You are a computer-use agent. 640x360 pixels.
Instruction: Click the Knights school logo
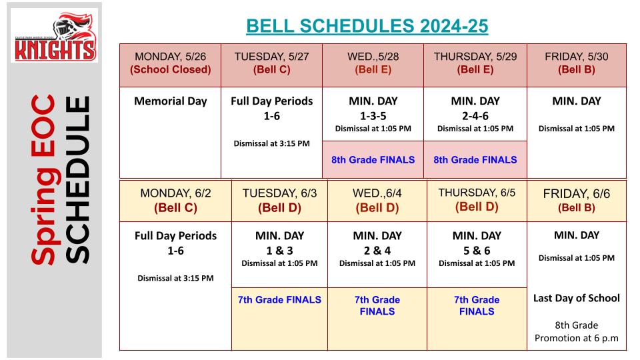pyautogui.click(x=54, y=35)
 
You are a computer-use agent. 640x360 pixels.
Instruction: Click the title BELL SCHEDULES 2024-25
pyautogui.click(x=367, y=26)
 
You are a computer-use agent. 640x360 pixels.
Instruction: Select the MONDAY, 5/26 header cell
pyautogui.click(x=170, y=65)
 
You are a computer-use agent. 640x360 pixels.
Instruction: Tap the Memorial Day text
pyautogui.click(x=171, y=101)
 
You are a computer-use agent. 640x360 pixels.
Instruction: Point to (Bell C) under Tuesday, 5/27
pyautogui.click(x=271, y=69)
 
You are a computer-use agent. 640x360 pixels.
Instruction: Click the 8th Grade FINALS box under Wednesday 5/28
pyautogui.click(x=373, y=159)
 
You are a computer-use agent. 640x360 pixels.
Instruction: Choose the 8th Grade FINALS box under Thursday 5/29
pyautogui.click(x=475, y=159)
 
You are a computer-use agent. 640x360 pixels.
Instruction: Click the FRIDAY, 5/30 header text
pyautogui.click(x=576, y=56)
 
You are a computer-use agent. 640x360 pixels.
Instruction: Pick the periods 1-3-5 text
pyautogui.click(x=373, y=116)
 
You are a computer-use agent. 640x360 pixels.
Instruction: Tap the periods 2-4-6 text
pyautogui.click(x=475, y=116)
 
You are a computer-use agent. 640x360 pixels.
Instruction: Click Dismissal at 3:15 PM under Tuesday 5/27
pyautogui.click(x=271, y=143)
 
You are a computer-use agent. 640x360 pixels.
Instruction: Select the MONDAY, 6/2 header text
pyautogui.click(x=175, y=193)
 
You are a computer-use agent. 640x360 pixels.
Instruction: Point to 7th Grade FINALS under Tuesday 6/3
pyautogui.click(x=279, y=299)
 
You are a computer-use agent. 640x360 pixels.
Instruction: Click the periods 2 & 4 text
pyautogui.click(x=377, y=251)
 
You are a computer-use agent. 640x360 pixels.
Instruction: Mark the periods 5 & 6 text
pyautogui.click(x=477, y=251)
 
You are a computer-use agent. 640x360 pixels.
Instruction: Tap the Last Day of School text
pyautogui.click(x=576, y=298)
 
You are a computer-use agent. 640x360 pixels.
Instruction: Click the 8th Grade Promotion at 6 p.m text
pyautogui.click(x=576, y=331)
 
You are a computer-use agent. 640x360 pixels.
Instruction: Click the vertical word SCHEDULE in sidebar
pyautogui.click(x=77, y=179)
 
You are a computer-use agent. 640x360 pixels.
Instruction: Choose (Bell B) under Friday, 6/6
pyautogui.click(x=576, y=207)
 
